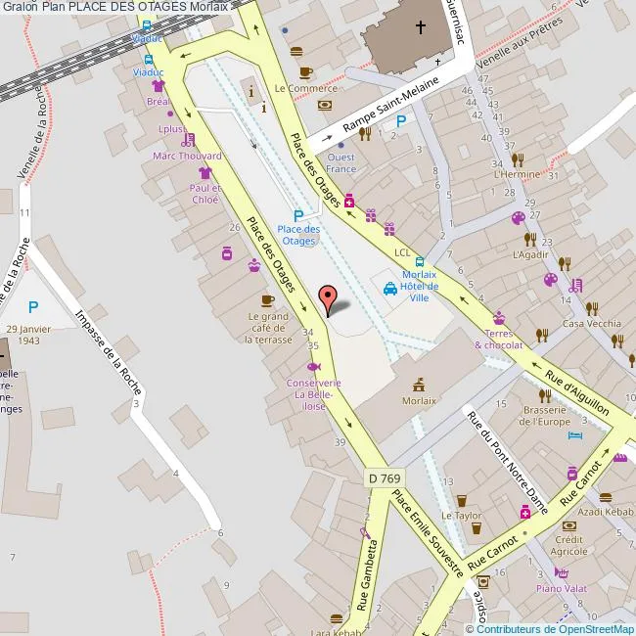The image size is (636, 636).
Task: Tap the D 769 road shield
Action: pyautogui.click(x=386, y=478)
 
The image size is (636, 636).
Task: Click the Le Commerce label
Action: pyautogui.click(x=305, y=88)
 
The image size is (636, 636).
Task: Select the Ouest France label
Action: pyautogui.click(x=341, y=162)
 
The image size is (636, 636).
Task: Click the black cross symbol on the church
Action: pyautogui.click(x=421, y=27)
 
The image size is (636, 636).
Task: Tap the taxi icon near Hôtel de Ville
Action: pyautogui.click(x=389, y=289)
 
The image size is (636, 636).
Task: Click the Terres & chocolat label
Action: pyautogui.click(x=499, y=339)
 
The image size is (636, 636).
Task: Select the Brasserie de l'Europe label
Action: pyautogui.click(x=546, y=415)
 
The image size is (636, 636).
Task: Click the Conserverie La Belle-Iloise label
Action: pyautogui.click(x=314, y=388)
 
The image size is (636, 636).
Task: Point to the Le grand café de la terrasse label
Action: pyautogui.click(x=268, y=327)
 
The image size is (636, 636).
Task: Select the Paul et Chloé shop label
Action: pyautogui.click(x=205, y=193)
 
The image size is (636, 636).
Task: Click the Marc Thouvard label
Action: pyautogui.click(x=187, y=156)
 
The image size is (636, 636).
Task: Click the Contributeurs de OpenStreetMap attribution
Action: pyautogui.click(x=555, y=629)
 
